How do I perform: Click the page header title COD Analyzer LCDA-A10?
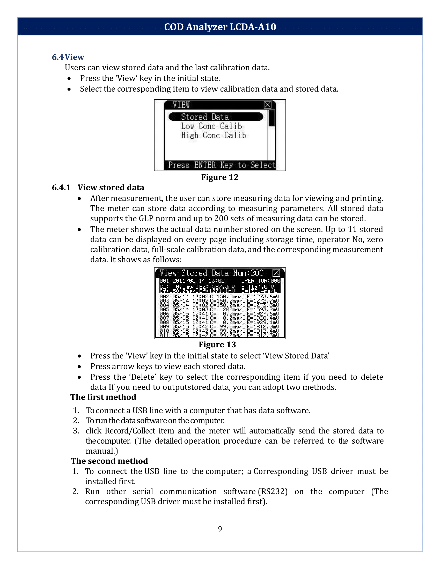pyautogui.click(x=220, y=27)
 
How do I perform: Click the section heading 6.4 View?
pyautogui.click(x=68, y=57)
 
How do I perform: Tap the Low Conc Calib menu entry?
pyautogui.click(x=211, y=126)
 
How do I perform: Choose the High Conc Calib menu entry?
pyautogui.click(x=214, y=135)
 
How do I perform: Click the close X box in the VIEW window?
pyautogui.click(x=268, y=105)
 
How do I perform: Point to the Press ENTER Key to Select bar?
pyautogui.click(x=221, y=165)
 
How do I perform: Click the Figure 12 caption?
pyautogui.click(x=220, y=177)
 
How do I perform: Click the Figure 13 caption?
pyautogui.click(x=217, y=345)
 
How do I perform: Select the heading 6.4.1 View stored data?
pyautogui.click(x=98, y=187)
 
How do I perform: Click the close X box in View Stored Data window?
pyautogui.click(x=276, y=273)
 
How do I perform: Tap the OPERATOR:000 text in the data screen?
pyautogui.click(x=260, y=281)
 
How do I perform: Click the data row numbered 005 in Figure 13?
pyautogui.click(x=219, y=309)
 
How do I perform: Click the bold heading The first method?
pyautogui.click(x=103, y=397)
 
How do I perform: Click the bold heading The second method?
pyautogui.click(x=109, y=461)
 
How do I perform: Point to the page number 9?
pyautogui.click(x=220, y=529)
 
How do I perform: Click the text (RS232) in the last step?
pyautogui.click(x=273, y=491)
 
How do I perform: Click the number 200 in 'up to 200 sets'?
pyautogui.click(x=221, y=218)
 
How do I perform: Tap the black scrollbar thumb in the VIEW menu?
pyautogui.click(x=272, y=118)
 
